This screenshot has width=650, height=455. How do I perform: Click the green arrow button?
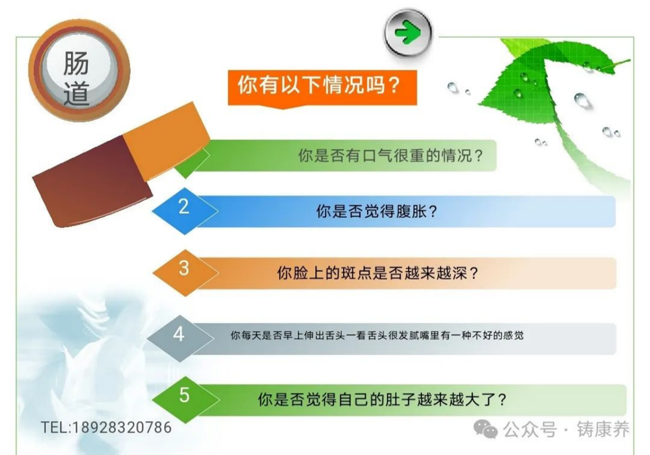(x=407, y=33)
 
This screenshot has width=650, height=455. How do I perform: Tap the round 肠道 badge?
(x=79, y=70)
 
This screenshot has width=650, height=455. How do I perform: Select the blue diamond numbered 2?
(x=185, y=211)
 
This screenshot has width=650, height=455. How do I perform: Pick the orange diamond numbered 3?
(x=186, y=273)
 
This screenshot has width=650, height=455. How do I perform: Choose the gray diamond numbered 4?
(x=180, y=338)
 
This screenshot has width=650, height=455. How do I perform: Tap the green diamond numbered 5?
(x=186, y=400)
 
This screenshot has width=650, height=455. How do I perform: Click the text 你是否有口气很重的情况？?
(x=390, y=156)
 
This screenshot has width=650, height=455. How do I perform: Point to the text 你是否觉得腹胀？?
(x=376, y=211)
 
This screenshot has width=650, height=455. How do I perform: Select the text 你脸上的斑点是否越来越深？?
(x=378, y=273)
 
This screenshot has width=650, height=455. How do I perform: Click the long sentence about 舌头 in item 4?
(x=377, y=336)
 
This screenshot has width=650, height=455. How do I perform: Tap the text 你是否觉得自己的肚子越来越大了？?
(x=382, y=400)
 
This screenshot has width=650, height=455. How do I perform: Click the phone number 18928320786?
(x=122, y=428)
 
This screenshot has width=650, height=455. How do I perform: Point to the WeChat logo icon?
(x=486, y=429)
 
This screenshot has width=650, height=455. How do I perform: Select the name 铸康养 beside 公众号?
(x=603, y=429)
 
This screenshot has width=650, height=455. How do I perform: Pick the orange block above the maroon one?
(x=167, y=142)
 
